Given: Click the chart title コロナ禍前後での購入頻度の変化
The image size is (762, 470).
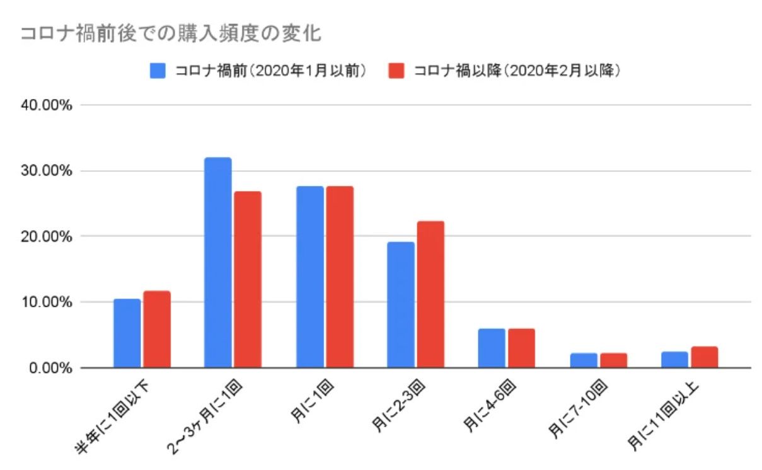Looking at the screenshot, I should point(171,33).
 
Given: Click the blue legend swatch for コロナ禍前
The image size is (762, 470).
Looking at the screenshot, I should point(158,70).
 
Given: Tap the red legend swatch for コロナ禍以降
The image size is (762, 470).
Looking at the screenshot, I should point(396,70).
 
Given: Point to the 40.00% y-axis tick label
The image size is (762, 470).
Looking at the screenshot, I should point(48,105).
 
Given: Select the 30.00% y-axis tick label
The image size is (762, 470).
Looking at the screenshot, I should point(48,171).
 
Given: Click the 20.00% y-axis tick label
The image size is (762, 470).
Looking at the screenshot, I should point(48,237).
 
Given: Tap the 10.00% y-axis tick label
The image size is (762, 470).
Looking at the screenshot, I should point(48,302).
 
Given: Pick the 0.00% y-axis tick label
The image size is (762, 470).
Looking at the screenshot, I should point(51,368).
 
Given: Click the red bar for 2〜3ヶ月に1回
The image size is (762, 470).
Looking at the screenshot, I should point(247,279).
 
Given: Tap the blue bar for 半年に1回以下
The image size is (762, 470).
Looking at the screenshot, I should point(127,333).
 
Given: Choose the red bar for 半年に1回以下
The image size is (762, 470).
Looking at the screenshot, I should point(156,330).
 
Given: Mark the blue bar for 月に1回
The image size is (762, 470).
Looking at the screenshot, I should point(309,277).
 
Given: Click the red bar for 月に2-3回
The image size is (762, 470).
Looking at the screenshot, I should point(430,294).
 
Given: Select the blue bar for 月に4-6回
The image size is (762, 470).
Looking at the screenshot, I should point(492,348).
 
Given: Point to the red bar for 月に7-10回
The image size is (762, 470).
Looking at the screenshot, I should point(613,360).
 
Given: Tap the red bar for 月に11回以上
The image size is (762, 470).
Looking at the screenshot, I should point(704,357).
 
